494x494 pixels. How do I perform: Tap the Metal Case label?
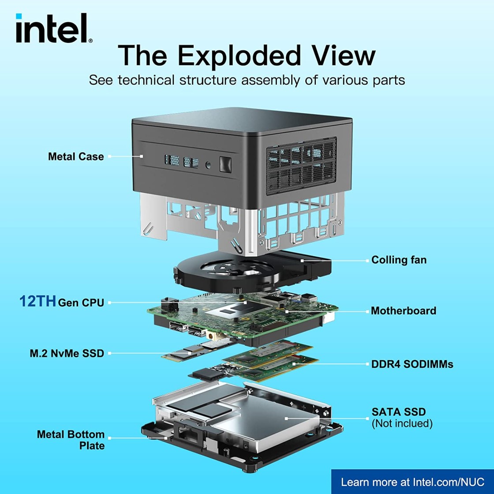pos(76,157)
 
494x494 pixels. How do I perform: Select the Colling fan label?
pos(399,260)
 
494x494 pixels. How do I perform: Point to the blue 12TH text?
pos(37,302)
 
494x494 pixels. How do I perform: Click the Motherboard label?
pos(403,311)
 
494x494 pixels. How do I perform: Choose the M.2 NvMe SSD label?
pos(67,353)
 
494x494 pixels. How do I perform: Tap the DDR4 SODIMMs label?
pos(406,364)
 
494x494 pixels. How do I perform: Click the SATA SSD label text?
pos(399,412)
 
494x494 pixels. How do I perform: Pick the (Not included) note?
pos(402,423)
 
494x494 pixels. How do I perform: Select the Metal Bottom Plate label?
pos(71,440)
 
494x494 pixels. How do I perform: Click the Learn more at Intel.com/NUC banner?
pos(412,482)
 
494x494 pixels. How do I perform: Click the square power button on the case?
pos(225,165)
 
